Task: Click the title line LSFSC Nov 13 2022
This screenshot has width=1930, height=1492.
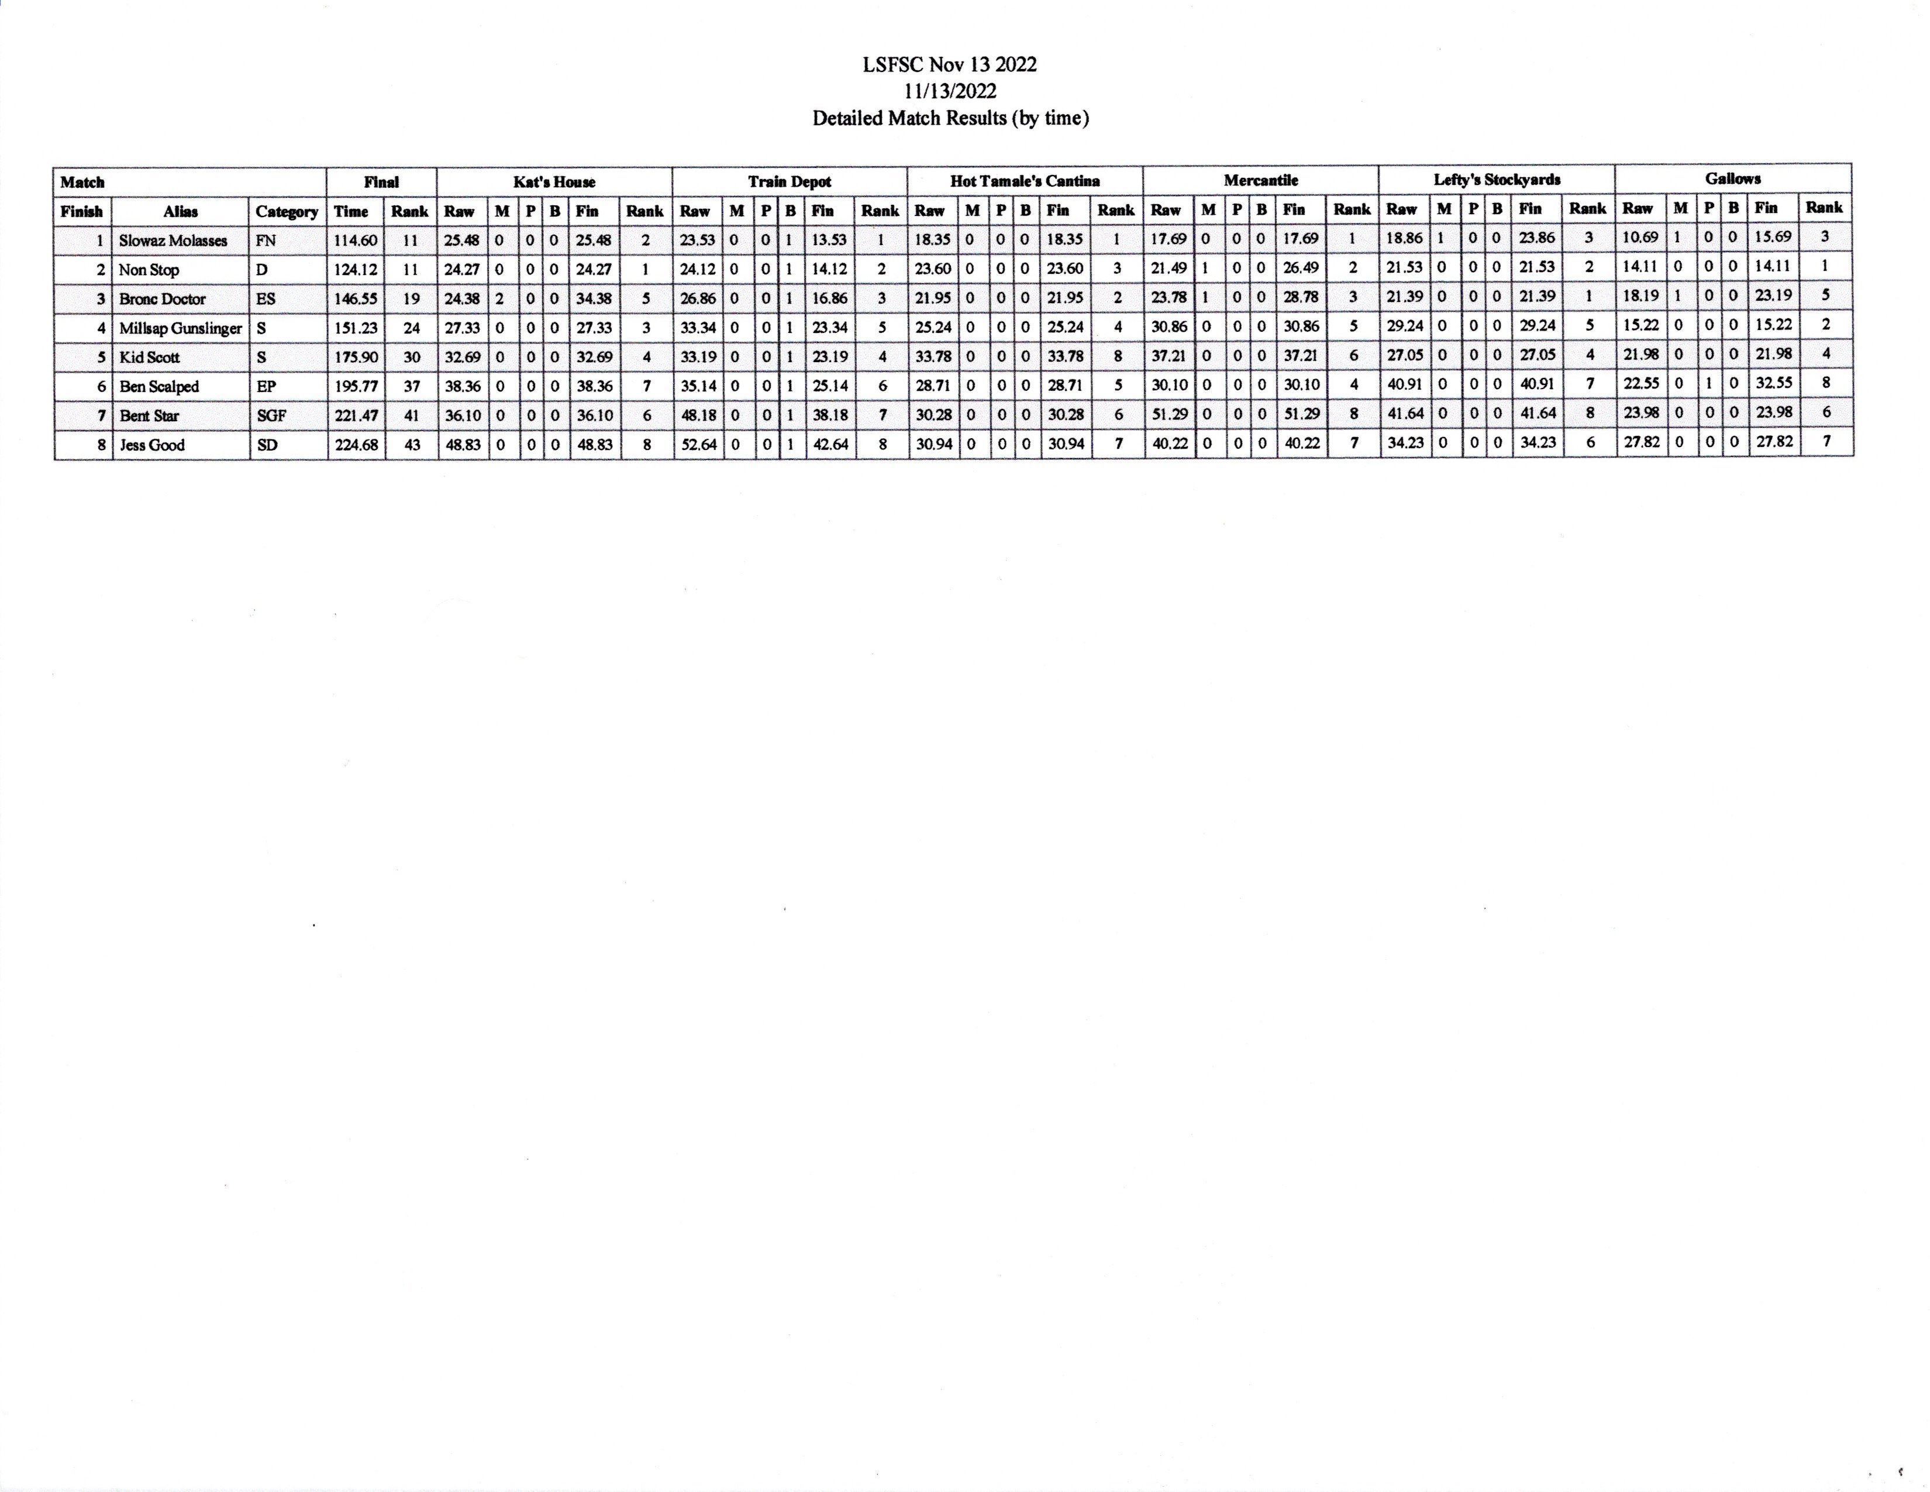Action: pos(950,64)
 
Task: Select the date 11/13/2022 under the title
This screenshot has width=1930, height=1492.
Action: pos(950,91)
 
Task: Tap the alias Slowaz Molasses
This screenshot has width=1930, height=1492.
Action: pos(173,240)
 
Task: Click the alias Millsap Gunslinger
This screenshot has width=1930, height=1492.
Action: pos(180,328)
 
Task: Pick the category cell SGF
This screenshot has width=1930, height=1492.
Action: pos(271,415)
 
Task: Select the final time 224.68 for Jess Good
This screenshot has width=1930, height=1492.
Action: pos(356,445)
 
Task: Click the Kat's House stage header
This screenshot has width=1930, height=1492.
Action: pos(554,182)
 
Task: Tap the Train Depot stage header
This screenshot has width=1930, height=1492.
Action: pos(789,181)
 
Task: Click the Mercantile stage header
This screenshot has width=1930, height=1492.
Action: pos(1261,180)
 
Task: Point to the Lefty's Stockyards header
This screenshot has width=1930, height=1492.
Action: pos(1497,180)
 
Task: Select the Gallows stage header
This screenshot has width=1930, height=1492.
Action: pos(1733,178)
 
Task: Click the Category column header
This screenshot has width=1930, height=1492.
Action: pos(287,211)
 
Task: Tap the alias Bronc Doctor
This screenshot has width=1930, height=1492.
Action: pos(163,299)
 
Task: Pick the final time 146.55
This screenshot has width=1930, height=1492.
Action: pos(355,299)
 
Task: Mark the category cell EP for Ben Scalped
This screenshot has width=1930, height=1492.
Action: pos(266,386)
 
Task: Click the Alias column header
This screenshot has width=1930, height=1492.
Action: pos(180,211)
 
